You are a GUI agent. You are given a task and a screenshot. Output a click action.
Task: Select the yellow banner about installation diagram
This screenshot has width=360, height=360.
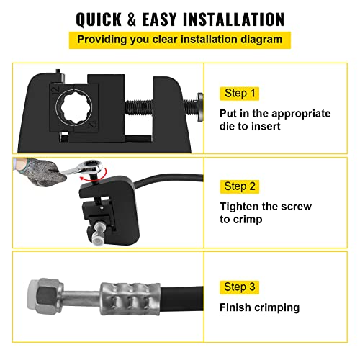click(180, 39)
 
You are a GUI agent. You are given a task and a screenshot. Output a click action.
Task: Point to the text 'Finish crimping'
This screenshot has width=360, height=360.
click(258, 307)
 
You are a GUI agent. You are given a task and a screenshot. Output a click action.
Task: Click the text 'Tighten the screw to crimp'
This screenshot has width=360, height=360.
click(265, 213)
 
